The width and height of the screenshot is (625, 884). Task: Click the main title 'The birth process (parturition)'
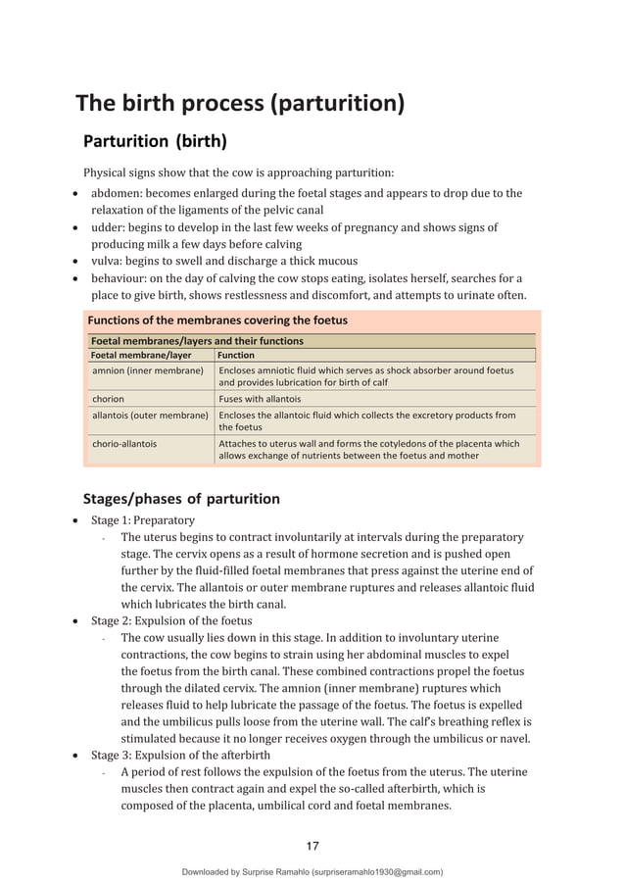240,103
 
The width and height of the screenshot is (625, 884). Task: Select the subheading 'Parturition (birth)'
155,140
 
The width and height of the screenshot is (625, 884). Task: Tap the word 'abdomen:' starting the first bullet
118,193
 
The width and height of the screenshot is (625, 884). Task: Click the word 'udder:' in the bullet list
110,227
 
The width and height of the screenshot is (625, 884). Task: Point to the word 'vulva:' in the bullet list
109,261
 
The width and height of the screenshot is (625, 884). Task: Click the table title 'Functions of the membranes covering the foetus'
217,320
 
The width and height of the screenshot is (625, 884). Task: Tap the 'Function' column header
236,355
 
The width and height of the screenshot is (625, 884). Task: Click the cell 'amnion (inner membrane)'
147,371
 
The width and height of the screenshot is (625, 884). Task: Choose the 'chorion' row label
109,399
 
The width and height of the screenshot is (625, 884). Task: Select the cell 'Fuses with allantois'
260,399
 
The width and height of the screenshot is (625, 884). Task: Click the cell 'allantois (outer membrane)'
150,416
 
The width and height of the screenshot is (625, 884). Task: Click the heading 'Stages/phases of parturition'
181,499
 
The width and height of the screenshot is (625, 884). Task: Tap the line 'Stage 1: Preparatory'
143,520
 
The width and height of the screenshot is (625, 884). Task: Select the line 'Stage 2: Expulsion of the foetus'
171,621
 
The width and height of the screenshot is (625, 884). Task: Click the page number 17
312,847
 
